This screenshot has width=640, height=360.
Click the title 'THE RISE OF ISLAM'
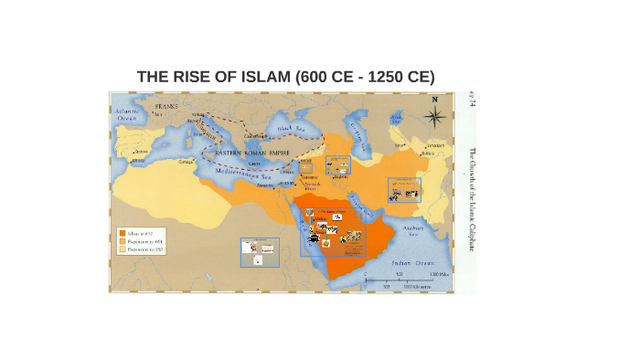coord(285,76)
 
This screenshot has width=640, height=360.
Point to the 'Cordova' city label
coord(139,152)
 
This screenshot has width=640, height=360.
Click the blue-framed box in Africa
coord(260,252)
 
